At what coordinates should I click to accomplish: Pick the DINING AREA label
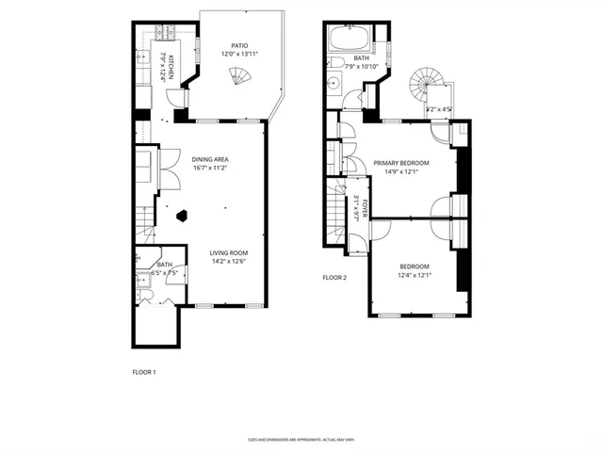click(211, 159)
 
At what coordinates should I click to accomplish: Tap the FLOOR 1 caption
click(143, 372)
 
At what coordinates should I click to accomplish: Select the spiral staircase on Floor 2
click(419, 89)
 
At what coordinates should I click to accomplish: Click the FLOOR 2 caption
click(334, 278)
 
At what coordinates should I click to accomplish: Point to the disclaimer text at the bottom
click(301, 440)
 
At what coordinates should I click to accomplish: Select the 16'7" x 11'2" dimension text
click(211, 169)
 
